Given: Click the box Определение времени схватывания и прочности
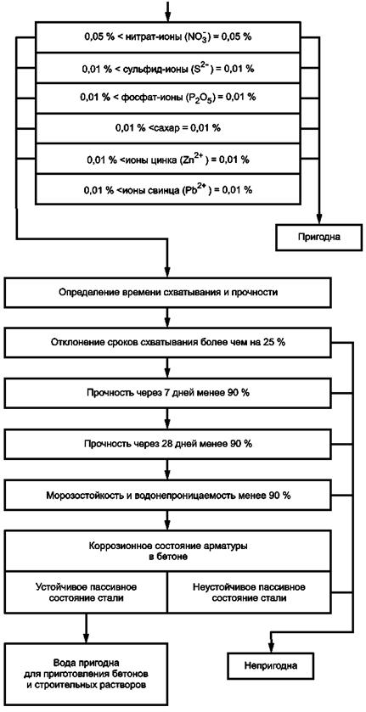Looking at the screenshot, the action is (x=168, y=293).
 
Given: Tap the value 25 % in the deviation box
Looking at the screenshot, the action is (x=274, y=342).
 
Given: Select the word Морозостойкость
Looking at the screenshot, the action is (x=76, y=495).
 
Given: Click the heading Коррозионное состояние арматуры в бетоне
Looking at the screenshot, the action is (x=169, y=551).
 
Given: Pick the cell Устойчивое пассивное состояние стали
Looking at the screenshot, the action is (x=87, y=592).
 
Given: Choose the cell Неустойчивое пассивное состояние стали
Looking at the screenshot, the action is (x=250, y=592).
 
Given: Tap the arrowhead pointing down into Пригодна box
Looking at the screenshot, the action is (x=319, y=219).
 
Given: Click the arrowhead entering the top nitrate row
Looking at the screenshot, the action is (x=168, y=16).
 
